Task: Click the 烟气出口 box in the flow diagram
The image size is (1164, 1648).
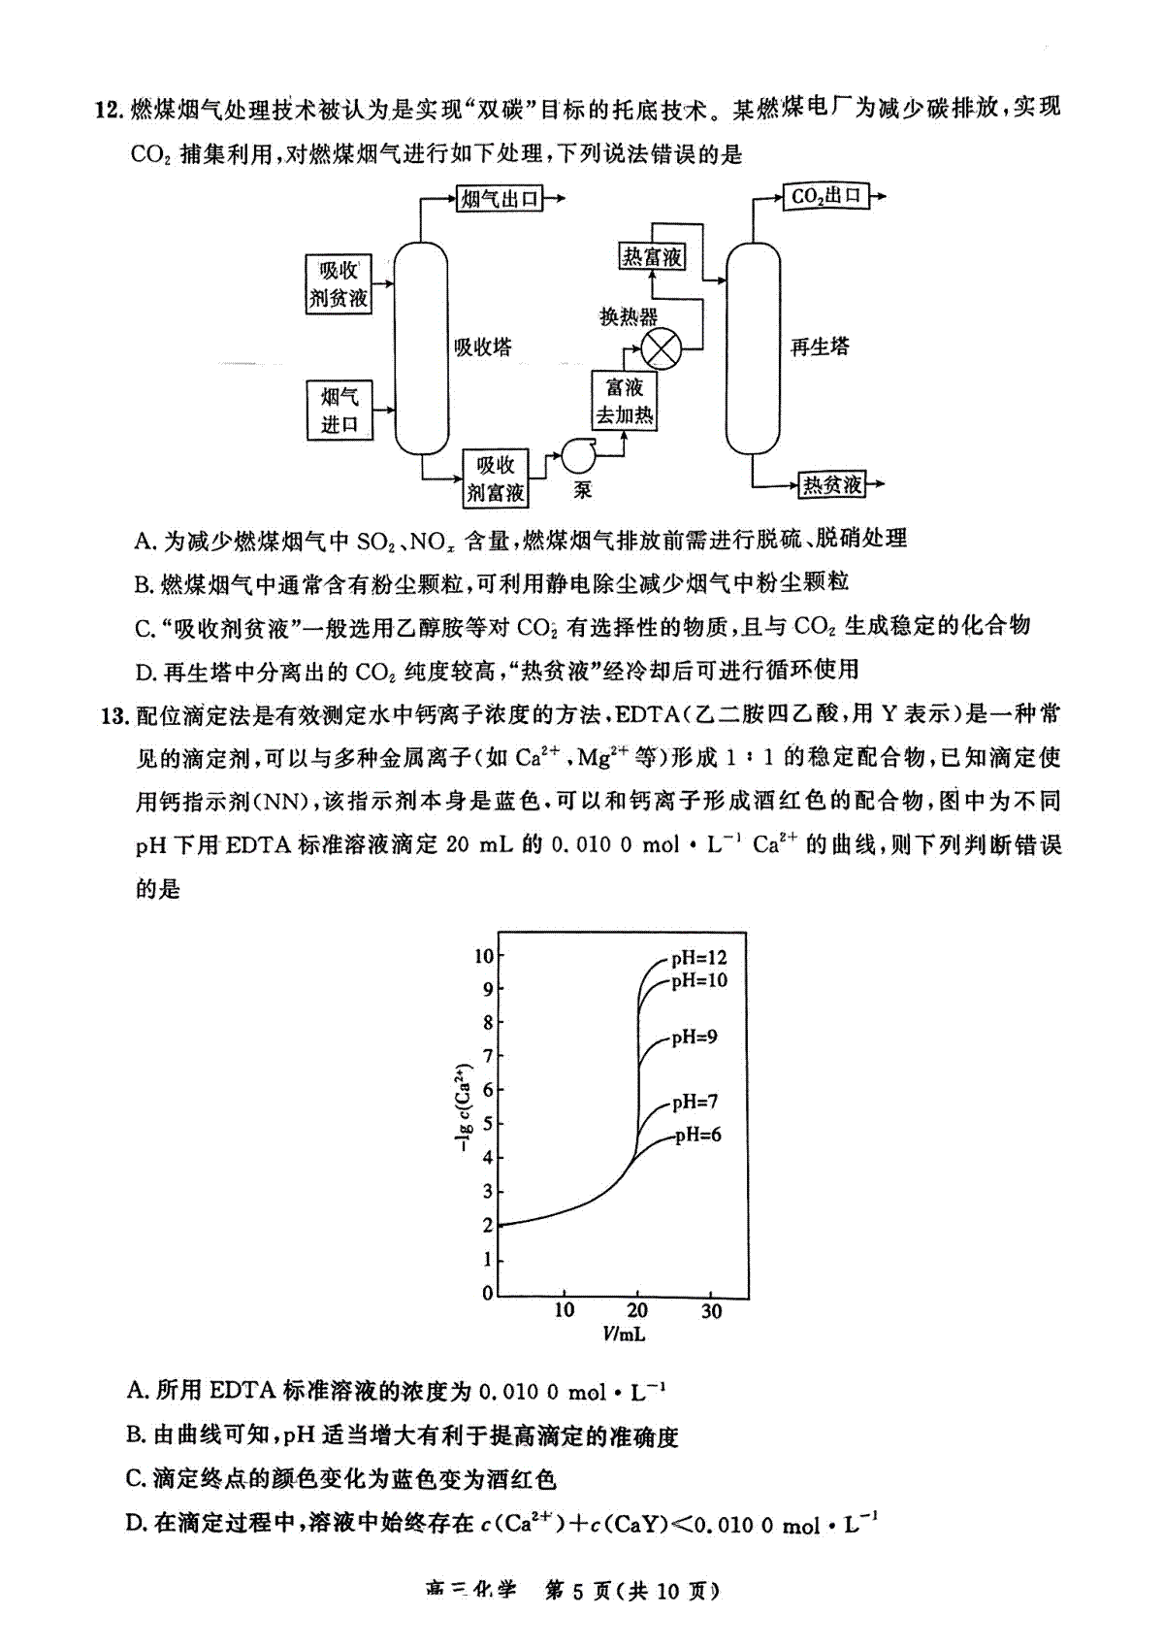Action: tap(500, 199)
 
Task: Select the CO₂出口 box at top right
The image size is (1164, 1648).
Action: tap(825, 196)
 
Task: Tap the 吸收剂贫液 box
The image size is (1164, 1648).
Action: tap(339, 284)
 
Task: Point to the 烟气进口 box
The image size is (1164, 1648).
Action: tap(339, 411)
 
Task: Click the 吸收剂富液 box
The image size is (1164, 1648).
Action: tap(496, 478)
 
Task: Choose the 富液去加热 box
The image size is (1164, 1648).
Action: tap(625, 401)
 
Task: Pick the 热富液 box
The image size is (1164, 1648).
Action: tap(652, 257)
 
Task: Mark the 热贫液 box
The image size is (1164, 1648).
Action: tap(831, 485)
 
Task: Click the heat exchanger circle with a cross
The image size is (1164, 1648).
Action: tap(661, 349)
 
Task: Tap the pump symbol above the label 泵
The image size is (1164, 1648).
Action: tap(579, 457)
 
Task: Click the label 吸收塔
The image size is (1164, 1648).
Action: tap(482, 347)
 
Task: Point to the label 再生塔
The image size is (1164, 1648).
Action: tap(819, 346)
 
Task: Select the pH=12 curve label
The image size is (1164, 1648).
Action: tap(698, 957)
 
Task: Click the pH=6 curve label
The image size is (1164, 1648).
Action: tap(698, 1135)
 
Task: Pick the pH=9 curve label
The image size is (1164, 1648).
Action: tap(695, 1037)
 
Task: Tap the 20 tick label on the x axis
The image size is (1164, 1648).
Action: tap(636, 1310)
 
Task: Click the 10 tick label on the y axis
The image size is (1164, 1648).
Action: tap(484, 956)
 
